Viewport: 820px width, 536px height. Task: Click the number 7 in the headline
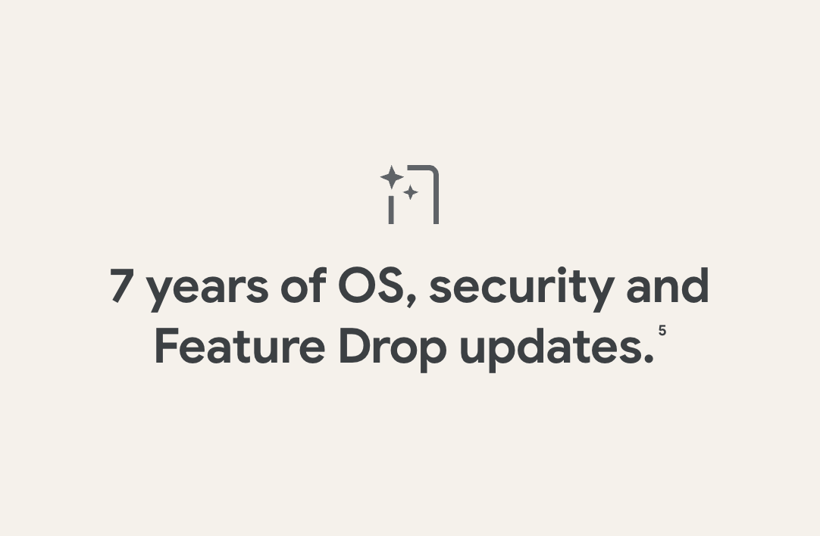(120, 285)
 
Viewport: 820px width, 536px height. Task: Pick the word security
(521, 289)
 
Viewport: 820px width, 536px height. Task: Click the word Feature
(239, 346)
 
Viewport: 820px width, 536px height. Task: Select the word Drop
(393, 350)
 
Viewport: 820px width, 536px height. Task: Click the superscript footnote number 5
(662, 330)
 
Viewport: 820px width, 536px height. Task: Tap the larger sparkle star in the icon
(392, 177)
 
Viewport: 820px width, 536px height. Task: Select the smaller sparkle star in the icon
(411, 192)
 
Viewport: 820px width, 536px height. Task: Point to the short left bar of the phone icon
(390, 210)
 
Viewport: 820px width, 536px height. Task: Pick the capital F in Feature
(166, 346)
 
